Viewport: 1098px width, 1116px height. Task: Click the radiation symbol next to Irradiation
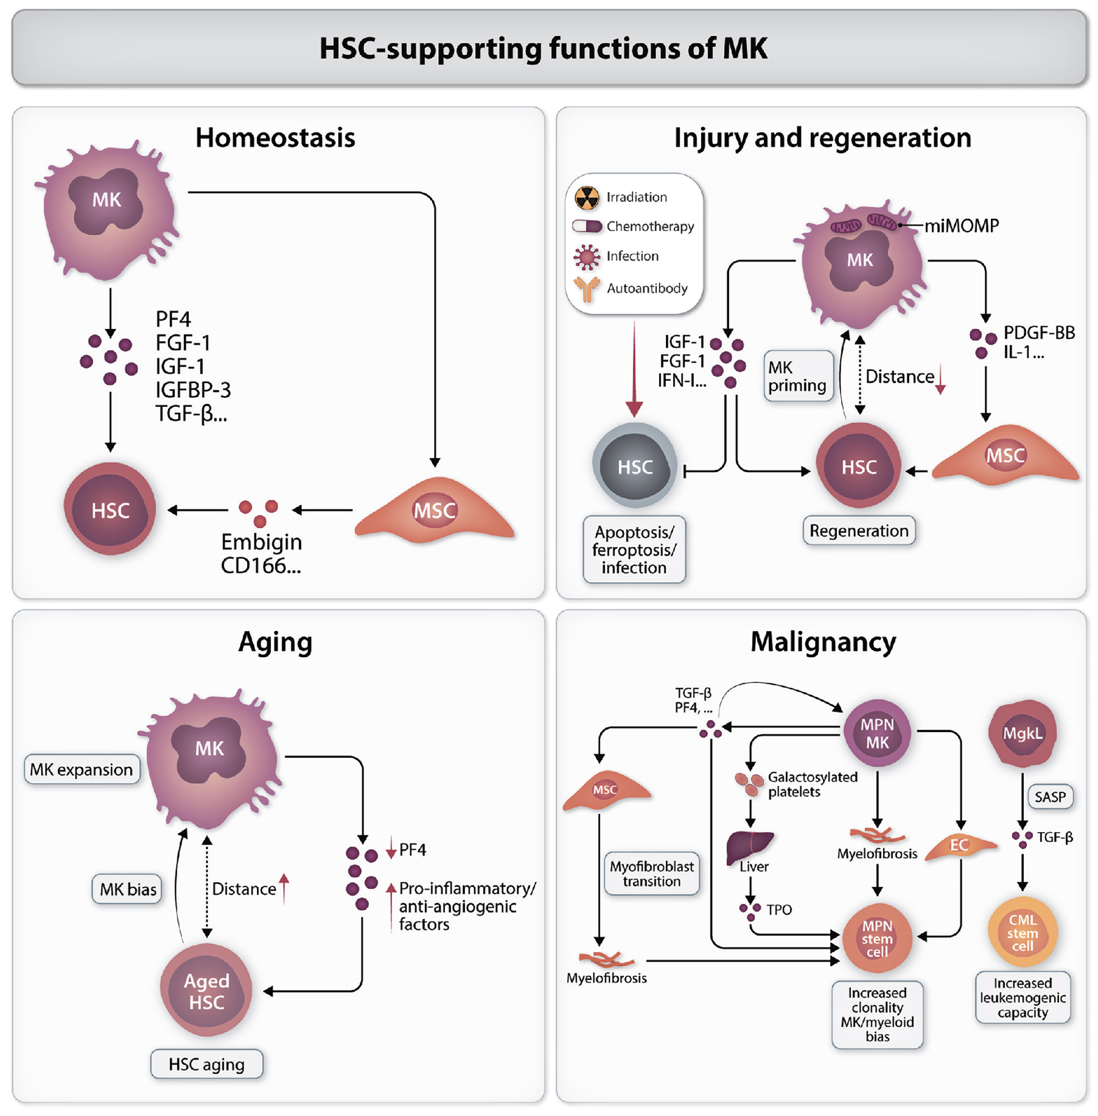click(587, 197)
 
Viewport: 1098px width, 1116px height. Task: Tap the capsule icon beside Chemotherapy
click(587, 226)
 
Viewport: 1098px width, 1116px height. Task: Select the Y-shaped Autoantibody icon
click(587, 288)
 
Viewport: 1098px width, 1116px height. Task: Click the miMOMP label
click(961, 226)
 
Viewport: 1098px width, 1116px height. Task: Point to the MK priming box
click(798, 376)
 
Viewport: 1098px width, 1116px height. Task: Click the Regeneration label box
click(859, 530)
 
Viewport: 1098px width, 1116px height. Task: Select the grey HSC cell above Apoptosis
click(634, 466)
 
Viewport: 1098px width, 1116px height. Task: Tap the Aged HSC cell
click(206, 991)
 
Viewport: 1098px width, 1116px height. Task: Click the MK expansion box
click(81, 769)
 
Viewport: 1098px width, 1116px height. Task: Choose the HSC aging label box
click(206, 1064)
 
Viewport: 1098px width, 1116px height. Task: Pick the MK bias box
click(128, 889)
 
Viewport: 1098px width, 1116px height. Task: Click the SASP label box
click(1050, 797)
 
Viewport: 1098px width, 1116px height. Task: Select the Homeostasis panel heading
click(275, 138)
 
